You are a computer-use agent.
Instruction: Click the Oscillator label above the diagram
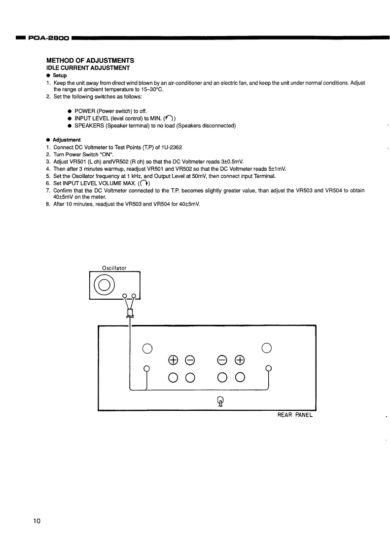114,268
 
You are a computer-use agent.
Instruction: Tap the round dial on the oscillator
104,284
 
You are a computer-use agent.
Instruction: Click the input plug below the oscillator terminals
130,313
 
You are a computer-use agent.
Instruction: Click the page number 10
38,521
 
